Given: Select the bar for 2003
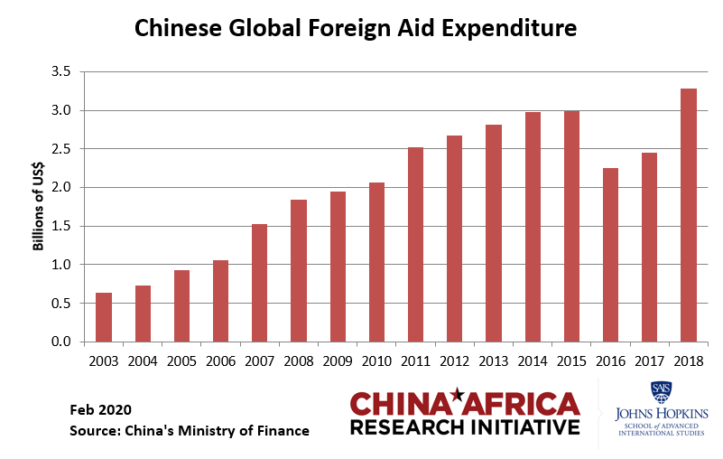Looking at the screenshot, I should [x=104, y=317].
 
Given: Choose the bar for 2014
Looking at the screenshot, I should [x=533, y=227].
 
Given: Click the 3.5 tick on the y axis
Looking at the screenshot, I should [x=60, y=72].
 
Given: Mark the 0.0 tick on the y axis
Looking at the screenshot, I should [x=60, y=342].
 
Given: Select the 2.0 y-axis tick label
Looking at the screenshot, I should [x=60, y=188].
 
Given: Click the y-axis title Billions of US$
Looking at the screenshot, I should [x=39, y=207].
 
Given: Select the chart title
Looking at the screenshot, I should [x=355, y=29].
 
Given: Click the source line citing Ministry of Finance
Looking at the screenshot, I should [x=189, y=431].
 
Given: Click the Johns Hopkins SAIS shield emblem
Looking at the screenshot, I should [x=660, y=391].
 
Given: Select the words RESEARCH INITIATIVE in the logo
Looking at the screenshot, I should [x=464, y=426].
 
